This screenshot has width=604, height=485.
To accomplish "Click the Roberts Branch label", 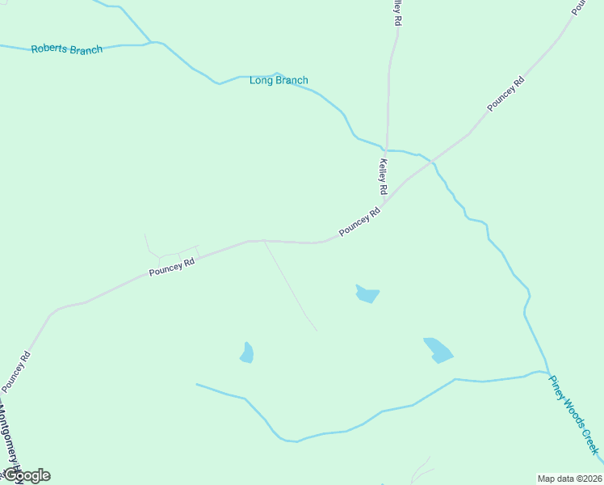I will point(67,49).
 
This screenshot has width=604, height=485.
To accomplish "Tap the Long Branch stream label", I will point(279,80).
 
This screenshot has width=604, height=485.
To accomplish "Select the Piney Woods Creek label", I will point(574,414).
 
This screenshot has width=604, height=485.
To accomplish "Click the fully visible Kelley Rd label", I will point(384,176).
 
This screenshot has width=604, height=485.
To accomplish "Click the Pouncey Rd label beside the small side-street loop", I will point(172,268).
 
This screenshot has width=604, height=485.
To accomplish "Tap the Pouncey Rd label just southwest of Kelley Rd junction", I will point(359,222).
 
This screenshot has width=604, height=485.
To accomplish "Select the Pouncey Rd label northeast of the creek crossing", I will point(506,95).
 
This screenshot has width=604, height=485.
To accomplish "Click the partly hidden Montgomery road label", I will point(10,436).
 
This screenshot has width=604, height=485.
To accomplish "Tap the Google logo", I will point(26,475).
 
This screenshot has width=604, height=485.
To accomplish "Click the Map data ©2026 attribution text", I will point(569,478).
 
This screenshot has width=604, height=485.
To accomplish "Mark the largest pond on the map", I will point(438,350).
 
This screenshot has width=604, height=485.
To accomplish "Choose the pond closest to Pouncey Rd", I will point(367,293).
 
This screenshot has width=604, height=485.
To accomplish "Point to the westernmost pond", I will point(247,353).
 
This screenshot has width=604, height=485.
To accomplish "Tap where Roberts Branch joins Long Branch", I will point(151,42).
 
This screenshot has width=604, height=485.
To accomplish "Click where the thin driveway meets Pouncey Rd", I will point(264,240).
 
